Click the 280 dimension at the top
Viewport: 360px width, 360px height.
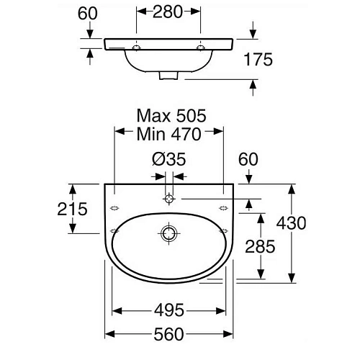click(x=168, y=12)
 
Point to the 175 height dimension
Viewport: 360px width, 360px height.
click(x=258, y=59)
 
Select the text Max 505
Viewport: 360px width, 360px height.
click(x=171, y=116)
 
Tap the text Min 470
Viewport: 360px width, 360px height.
click(x=168, y=134)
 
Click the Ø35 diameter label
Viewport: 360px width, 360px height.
click(x=169, y=159)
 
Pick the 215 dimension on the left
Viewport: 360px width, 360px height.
click(x=72, y=209)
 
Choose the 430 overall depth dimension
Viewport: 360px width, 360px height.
click(x=291, y=223)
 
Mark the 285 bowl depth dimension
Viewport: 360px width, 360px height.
click(x=260, y=246)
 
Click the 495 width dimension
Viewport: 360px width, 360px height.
click(x=169, y=310)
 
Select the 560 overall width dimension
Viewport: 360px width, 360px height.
click(x=168, y=334)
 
